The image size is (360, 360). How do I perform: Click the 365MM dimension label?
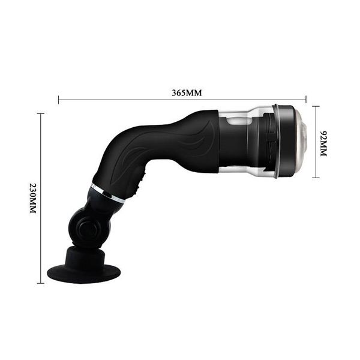187,93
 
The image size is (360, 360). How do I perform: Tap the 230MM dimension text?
33,199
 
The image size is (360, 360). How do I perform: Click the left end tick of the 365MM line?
58,100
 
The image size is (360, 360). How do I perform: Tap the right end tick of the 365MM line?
306,100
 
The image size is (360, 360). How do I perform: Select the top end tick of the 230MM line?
41,113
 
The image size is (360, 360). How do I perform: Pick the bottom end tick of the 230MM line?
41,283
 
